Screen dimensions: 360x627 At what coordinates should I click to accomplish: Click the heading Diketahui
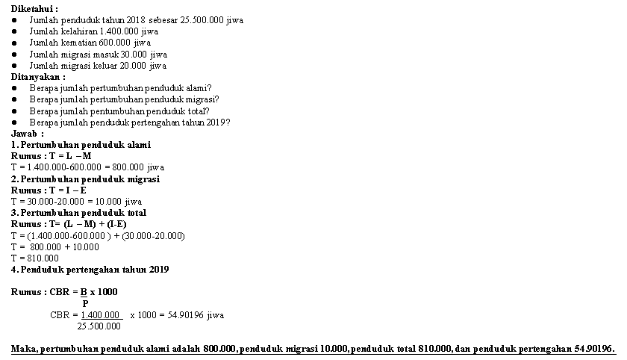click(x=34, y=7)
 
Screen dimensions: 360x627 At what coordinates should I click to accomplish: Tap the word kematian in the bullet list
click(x=78, y=43)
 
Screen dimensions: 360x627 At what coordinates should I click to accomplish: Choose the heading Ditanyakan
click(x=37, y=76)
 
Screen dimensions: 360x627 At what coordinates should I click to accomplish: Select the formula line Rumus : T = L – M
click(x=51, y=155)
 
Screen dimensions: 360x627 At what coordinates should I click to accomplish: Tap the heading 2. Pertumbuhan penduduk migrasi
click(x=85, y=179)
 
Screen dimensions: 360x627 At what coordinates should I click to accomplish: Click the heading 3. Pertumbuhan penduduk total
click(x=78, y=213)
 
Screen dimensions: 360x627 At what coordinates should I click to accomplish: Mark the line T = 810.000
click(x=34, y=258)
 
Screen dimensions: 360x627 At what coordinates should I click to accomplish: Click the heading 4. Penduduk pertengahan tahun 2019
click(x=90, y=269)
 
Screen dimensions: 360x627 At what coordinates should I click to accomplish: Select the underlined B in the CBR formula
click(x=84, y=291)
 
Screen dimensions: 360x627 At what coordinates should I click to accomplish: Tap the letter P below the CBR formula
click(x=85, y=303)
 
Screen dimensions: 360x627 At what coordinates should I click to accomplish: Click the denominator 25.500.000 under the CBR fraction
click(x=99, y=326)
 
